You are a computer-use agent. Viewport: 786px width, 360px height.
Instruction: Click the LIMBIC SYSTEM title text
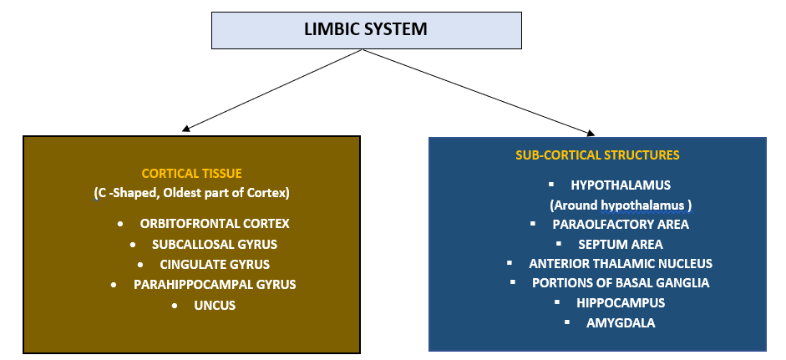pos(365,29)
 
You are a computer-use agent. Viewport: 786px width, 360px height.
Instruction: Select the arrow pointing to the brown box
pos(271,91)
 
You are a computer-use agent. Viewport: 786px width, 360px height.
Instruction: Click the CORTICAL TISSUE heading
pos(191,174)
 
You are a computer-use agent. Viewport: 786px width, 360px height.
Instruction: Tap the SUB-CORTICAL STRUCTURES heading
pos(597,155)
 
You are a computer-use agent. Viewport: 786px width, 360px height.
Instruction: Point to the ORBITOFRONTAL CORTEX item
pos(215,224)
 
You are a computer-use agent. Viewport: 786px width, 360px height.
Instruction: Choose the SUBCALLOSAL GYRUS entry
pos(215,245)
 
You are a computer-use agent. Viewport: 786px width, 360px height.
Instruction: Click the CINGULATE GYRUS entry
pos(215,265)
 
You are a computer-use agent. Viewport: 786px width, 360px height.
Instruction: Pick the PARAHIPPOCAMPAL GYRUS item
pos(215,285)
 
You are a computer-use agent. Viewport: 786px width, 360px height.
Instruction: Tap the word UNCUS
pos(215,306)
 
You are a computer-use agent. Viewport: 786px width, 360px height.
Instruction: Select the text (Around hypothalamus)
pos(621,205)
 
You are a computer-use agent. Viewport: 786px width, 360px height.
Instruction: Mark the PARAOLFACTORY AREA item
pos(621,224)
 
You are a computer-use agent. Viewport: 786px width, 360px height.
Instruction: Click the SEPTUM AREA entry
pos(621,244)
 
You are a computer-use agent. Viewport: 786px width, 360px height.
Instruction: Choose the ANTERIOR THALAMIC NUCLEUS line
pos(621,263)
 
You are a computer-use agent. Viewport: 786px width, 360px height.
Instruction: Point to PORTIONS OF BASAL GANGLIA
pos(621,282)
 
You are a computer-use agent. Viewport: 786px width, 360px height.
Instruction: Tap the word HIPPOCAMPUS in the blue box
pos(621,302)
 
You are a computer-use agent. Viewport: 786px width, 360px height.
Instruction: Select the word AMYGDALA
pos(621,322)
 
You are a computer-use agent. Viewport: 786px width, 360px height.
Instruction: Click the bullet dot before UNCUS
pos(175,307)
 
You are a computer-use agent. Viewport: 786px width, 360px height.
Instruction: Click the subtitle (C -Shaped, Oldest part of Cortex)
pos(191,193)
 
